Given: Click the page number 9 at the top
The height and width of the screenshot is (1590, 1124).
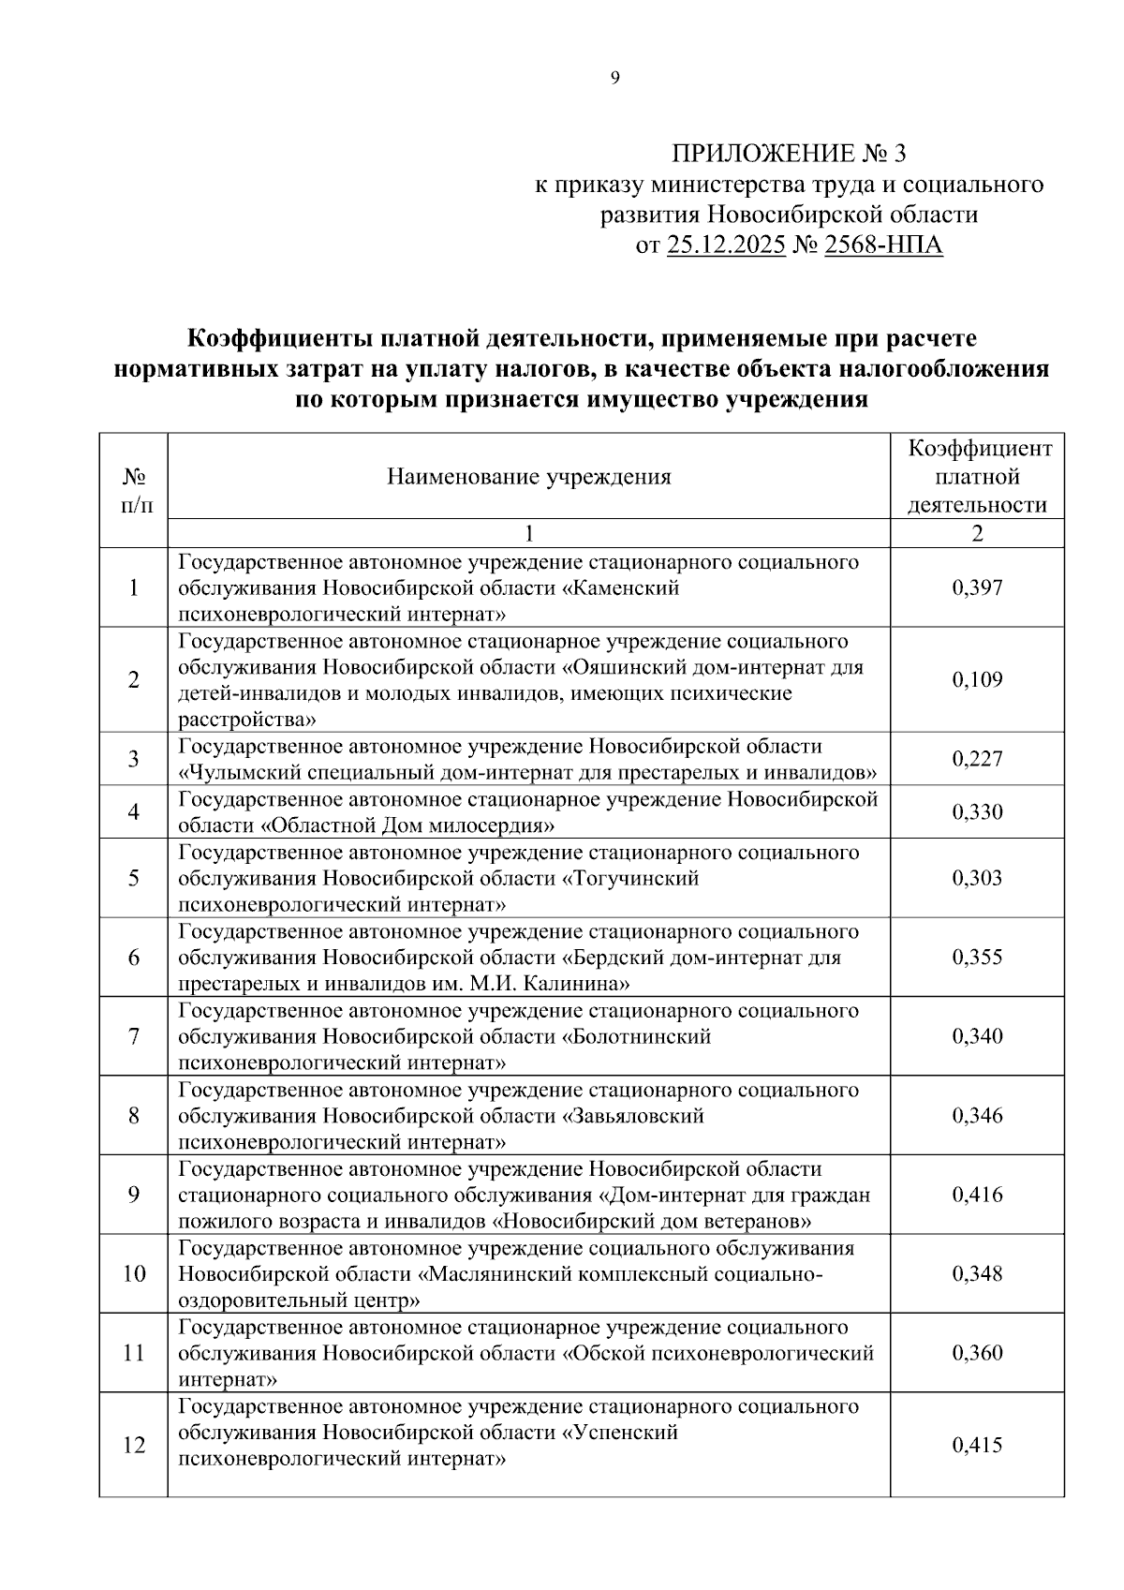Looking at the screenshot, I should coord(615,79).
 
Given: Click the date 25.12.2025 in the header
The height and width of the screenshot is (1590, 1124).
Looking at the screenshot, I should coord(726,245).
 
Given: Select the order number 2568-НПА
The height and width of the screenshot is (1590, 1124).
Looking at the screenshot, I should coord(883,245).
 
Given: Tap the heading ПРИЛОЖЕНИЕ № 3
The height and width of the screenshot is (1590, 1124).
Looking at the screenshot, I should coord(790,153).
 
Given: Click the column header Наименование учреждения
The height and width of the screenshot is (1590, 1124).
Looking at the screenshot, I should coord(529,477).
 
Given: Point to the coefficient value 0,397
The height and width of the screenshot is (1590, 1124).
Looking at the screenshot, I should coord(977,588).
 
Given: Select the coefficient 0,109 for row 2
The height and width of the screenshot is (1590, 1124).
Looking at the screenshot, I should coord(977,680).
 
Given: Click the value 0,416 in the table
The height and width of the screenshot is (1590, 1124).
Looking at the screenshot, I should coord(977,1195).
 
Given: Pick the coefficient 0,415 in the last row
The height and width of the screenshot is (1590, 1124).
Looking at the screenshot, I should coord(977,1445).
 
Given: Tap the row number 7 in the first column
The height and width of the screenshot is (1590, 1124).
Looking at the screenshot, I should coord(134,1036).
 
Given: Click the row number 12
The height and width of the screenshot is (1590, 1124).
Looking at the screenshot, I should coord(134,1445).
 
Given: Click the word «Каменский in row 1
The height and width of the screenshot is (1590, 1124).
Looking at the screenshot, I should coord(620,588).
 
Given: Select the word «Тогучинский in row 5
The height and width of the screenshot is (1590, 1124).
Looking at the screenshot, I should coord(630,879).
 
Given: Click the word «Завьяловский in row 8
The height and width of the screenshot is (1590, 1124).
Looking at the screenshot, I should coord(633,1116).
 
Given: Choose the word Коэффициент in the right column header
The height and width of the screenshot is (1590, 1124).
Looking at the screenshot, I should coord(978,449).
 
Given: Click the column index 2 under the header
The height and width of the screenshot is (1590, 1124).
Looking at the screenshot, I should coord(978,534).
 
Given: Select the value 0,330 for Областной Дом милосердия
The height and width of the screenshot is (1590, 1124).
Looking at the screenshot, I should coord(977,812).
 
